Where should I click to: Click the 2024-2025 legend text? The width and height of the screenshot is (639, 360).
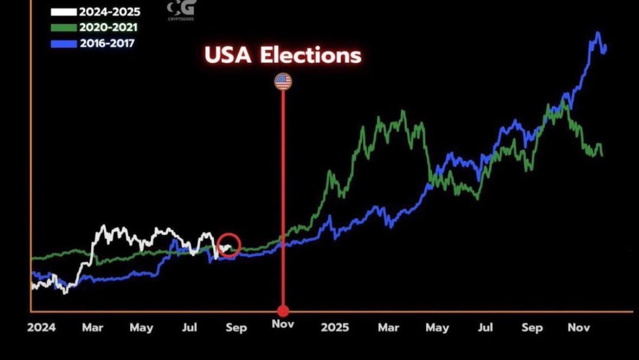pyautogui.click(x=109, y=12)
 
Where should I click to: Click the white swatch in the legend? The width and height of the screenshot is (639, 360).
pyautogui.click(x=64, y=12)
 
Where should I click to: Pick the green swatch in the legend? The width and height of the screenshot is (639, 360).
pyautogui.click(x=64, y=28)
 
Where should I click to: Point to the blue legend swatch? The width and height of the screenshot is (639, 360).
pyautogui.click(x=64, y=43)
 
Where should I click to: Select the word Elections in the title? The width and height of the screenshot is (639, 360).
pyautogui.click(x=311, y=55)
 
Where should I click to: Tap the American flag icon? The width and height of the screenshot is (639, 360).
pyautogui.click(x=283, y=82)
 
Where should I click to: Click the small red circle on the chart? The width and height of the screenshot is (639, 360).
pyautogui.click(x=229, y=245)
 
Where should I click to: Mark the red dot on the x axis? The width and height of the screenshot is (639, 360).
pyautogui.click(x=283, y=311)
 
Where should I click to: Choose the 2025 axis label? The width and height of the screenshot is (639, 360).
pyautogui.click(x=335, y=327)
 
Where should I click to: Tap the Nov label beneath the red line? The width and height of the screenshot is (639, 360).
pyautogui.click(x=283, y=325)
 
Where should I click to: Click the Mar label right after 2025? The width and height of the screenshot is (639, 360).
pyautogui.click(x=388, y=327)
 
